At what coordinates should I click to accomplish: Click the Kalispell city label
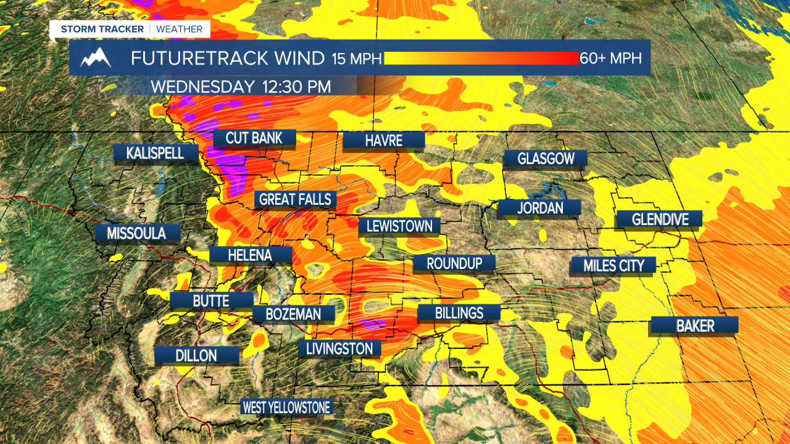tap(155, 153)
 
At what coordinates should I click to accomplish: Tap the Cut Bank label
tap(254, 138)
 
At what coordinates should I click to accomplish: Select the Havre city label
tap(383, 141)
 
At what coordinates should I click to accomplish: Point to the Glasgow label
tap(546, 158)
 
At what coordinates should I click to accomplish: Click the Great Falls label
tap(296, 199)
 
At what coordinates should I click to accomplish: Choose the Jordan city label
tap(539, 208)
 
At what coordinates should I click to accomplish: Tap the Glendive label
tap(659, 219)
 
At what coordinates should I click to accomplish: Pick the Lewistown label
tap(399, 226)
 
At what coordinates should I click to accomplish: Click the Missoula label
tap(136, 233)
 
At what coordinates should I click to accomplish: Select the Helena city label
tap(250, 255)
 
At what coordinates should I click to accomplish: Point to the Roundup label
tap(454, 263)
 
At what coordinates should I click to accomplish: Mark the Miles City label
tap(613, 266)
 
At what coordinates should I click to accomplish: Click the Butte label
tap(211, 301)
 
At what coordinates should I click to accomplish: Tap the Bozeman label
tap(293, 314)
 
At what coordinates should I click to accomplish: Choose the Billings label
tap(459, 313)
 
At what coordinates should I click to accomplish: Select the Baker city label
tap(694, 326)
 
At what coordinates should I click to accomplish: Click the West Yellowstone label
tap(286, 407)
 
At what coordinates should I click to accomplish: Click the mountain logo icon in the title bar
tap(96, 58)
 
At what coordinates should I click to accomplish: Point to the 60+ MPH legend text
tap(610, 58)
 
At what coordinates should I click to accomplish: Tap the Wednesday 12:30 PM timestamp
tap(240, 86)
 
